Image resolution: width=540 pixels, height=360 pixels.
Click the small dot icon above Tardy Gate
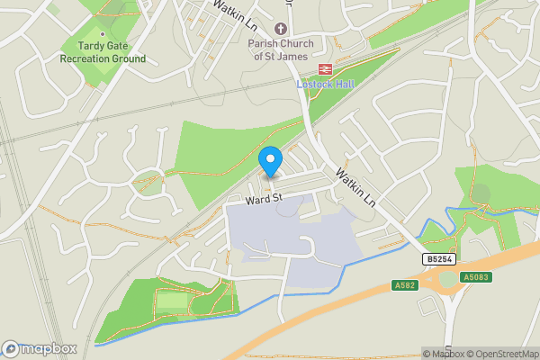(x=102, y=34)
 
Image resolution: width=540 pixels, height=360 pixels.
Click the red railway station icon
(x=321, y=68)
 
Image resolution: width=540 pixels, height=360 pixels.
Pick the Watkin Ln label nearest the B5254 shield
(x=355, y=187)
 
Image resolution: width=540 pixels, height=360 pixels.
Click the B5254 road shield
(x=439, y=259)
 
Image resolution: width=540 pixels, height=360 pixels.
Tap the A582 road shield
(x=405, y=285)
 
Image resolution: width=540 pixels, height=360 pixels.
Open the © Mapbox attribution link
(x=443, y=354)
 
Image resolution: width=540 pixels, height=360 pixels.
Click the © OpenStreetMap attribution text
(x=500, y=354)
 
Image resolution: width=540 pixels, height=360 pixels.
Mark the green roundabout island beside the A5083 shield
(x=448, y=280)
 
